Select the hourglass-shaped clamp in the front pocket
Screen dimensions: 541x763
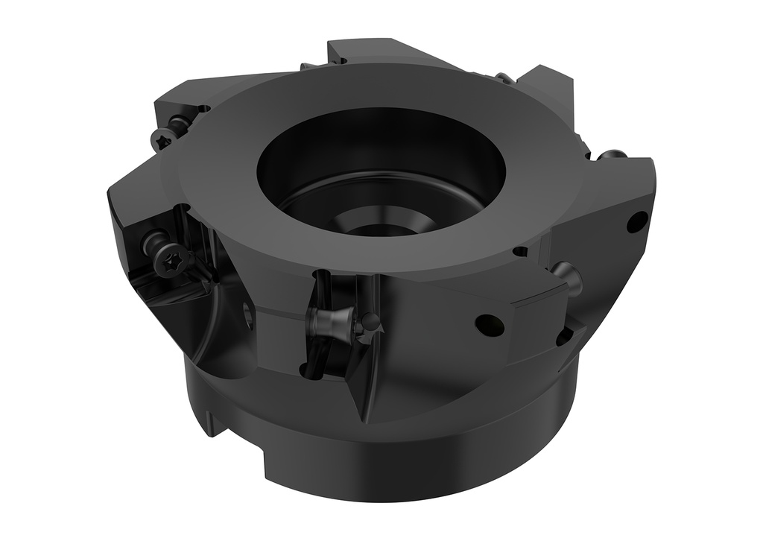tap(327, 323)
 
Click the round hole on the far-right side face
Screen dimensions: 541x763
tap(637, 222)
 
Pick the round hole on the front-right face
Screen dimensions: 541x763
tap(489, 325)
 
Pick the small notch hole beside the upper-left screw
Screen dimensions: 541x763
tap(203, 110)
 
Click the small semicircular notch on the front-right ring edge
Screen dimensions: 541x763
tap(519, 252)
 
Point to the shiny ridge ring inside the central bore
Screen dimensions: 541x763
tap(350, 201)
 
